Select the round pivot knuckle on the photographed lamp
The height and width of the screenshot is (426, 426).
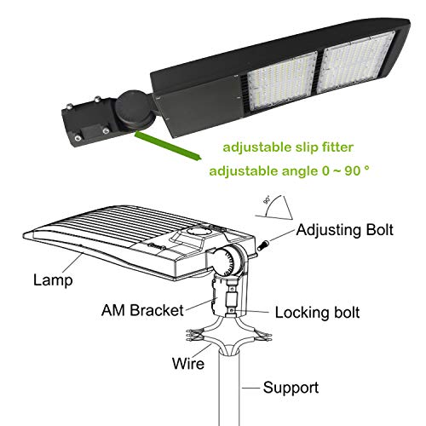pyautogui.click(x=137, y=112)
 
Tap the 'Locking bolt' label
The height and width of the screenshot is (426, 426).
pyautogui.click(x=317, y=313)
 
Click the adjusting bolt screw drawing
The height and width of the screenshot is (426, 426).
pyautogui.click(x=264, y=245)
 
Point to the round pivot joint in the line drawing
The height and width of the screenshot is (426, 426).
pyautogui.click(x=233, y=257)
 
